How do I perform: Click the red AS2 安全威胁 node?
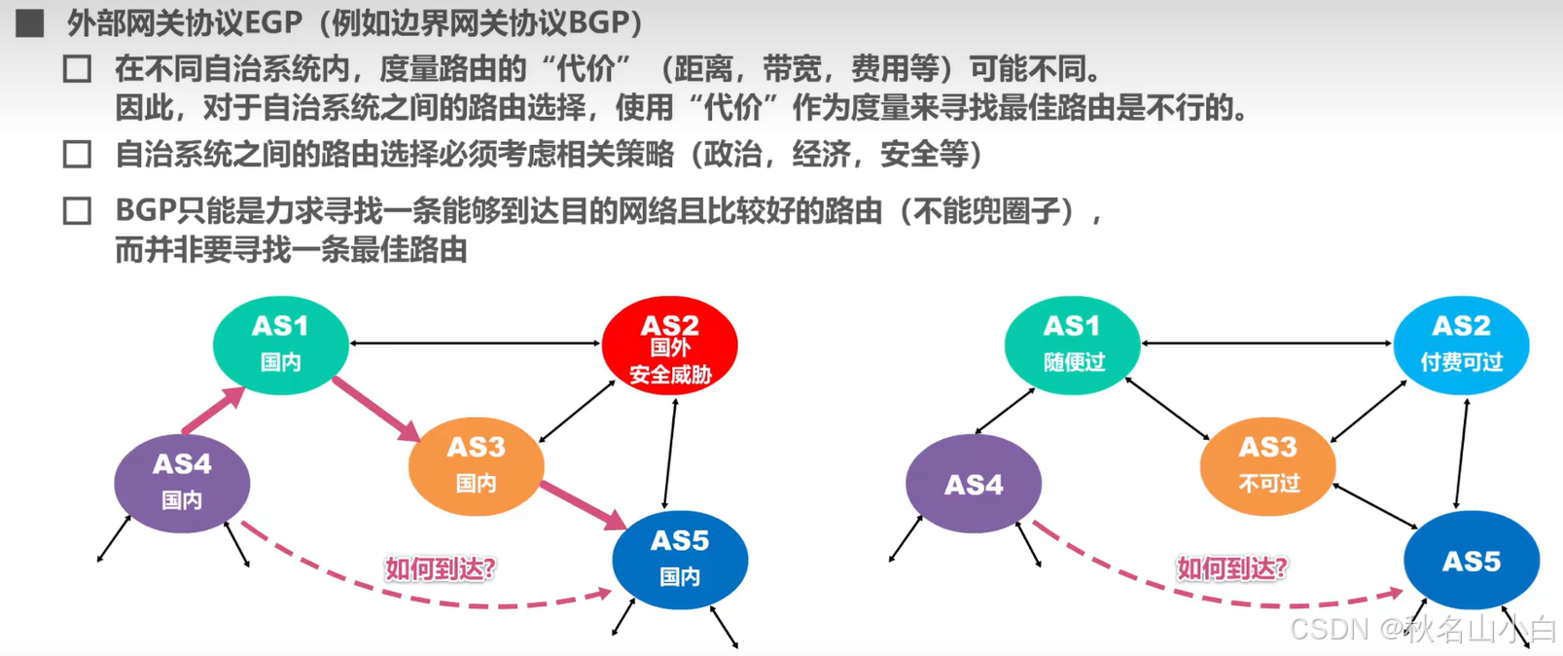click(x=669, y=346)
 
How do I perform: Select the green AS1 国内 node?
click(x=280, y=345)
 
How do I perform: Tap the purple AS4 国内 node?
click(x=182, y=483)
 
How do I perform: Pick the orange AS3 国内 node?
click(x=476, y=466)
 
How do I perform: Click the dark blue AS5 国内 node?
click(x=680, y=560)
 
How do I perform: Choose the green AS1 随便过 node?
click(x=1072, y=345)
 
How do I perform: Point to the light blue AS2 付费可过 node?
click(x=1461, y=345)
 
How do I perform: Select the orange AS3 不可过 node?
click(x=1267, y=466)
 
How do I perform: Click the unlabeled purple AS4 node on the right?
click(x=974, y=484)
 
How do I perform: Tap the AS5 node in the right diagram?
click(x=1471, y=561)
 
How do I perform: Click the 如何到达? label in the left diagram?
click(x=441, y=568)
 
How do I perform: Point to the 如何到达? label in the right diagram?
click(x=1232, y=568)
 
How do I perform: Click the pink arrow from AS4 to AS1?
click(x=213, y=410)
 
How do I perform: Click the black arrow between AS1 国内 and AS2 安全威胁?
click(x=475, y=343)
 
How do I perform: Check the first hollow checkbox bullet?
click(x=77, y=69)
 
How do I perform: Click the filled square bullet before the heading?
click(x=30, y=22)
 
